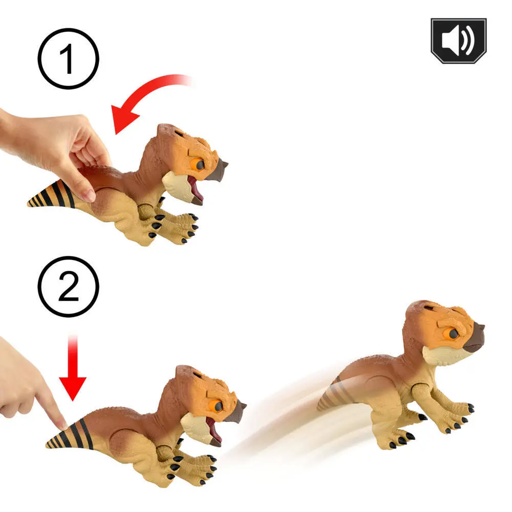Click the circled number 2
tap(68, 286)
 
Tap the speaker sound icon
tap(458, 40)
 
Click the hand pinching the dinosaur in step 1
tap(61, 148)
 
